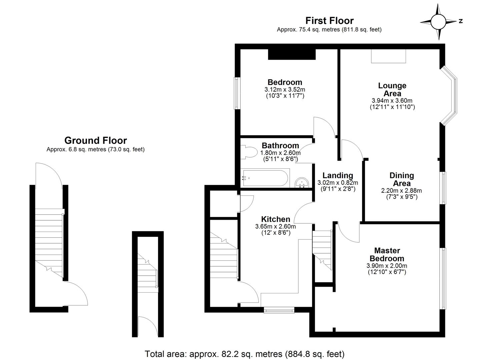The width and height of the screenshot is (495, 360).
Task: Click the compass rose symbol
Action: tap(438, 22)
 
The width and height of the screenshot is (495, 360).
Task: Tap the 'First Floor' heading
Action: tap(329, 21)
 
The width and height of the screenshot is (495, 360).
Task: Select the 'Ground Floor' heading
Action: tap(95, 140)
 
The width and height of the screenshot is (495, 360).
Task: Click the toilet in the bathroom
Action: tap(248, 153)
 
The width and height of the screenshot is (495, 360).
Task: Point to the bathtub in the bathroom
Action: tap(265, 178)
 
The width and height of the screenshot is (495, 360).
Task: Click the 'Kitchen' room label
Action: tap(275, 219)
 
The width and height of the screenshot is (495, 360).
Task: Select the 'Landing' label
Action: tap(337, 175)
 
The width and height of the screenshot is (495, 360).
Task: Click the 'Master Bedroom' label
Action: tap(387, 254)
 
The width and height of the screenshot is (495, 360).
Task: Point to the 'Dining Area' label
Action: tap(401, 179)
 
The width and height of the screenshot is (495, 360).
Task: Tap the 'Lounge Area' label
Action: tap(392, 89)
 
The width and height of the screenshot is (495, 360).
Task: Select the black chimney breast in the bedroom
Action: tap(292, 54)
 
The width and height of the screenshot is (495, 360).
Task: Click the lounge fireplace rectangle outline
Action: tap(388, 56)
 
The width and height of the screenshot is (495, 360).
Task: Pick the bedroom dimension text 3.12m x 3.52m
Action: tap(285, 90)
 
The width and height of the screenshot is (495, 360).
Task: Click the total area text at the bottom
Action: tap(244, 354)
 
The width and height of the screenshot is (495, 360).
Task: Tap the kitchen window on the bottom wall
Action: tap(279, 310)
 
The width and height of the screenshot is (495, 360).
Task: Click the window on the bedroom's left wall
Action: tap(237, 93)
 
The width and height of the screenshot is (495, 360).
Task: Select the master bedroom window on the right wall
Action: tap(442, 278)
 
